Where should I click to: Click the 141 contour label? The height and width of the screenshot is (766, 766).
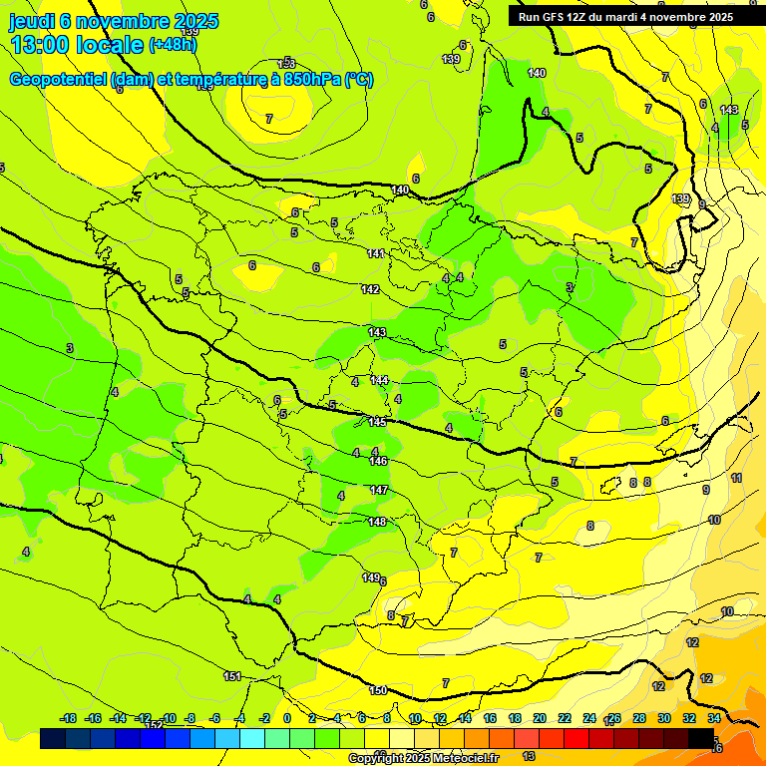375,254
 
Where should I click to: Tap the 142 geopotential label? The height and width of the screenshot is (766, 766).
370,289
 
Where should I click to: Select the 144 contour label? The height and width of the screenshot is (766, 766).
379,380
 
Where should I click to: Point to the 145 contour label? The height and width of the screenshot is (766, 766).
376,422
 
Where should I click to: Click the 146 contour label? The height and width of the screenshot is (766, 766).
378,461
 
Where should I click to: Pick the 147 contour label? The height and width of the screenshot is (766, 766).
379,490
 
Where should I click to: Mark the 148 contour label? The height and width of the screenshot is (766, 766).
377,522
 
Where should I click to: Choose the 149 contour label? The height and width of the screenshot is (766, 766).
370,577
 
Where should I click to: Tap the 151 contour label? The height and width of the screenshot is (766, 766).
231,676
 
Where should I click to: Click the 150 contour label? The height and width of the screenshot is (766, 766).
378,690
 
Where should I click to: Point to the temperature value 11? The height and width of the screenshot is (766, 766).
736,479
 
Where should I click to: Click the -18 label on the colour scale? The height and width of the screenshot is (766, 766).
69,718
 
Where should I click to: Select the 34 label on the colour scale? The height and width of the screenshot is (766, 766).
714,718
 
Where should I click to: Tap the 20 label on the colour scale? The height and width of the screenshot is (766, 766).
540,718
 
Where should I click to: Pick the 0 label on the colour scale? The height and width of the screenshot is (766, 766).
287,718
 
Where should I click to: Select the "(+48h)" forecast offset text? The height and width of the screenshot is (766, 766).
173,44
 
